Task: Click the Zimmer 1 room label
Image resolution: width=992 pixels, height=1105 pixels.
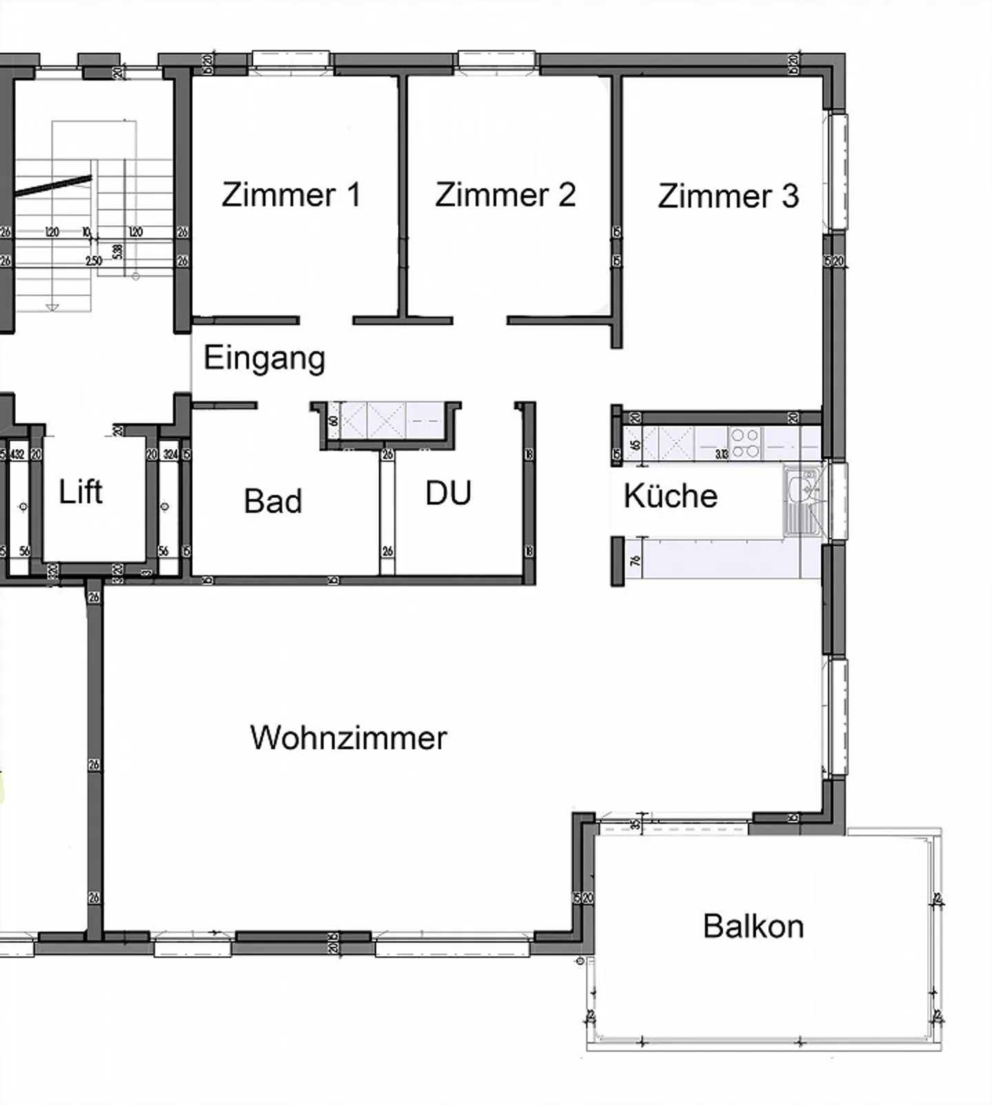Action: (291, 195)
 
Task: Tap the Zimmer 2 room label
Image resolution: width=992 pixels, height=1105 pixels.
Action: (505, 195)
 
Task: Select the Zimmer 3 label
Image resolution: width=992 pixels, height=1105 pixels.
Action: (728, 196)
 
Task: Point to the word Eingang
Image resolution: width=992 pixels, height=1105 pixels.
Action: (265, 358)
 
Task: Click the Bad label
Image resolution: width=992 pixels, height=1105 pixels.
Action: (273, 502)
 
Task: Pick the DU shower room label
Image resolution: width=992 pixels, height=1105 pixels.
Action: (448, 494)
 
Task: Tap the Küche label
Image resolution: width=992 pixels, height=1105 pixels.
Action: (670, 496)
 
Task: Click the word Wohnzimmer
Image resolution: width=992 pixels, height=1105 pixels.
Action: (349, 738)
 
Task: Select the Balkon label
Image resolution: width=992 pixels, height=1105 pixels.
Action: (753, 927)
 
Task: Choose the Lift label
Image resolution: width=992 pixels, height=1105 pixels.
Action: (81, 493)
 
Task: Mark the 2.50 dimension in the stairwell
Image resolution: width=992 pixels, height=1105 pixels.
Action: (94, 261)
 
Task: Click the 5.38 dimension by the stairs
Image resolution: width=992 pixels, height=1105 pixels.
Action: (118, 250)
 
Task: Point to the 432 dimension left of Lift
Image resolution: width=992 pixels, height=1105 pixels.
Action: (17, 455)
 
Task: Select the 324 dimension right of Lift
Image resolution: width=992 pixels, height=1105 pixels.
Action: (169, 455)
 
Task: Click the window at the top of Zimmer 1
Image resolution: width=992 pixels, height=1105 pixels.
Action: (291, 60)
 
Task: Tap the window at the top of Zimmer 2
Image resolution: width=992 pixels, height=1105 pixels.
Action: (497, 60)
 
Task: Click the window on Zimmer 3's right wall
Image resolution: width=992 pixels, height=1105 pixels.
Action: (838, 171)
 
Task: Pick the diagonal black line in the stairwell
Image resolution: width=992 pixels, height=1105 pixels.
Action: (54, 186)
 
